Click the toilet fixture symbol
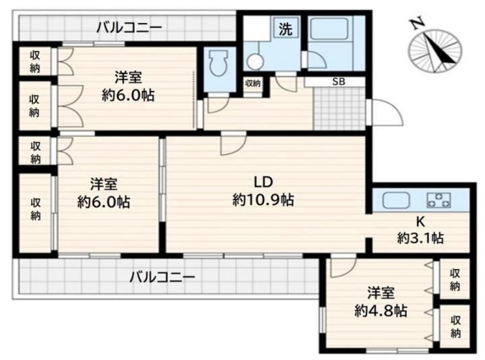click(218, 63)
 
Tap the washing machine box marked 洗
click(286, 28)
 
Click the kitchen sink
click(396, 201)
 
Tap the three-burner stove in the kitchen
click(439, 200)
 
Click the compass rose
click(435, 51)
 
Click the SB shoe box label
click(338, 82)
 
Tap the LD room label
click(263, 182)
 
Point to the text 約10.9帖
click(263, 200)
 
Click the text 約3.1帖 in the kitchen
click(420, 239)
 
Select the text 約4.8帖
click(381, 311)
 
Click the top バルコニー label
click(129, 28)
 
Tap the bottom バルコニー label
click(162, 276)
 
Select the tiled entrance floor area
click(339, 109)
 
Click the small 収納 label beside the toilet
click(253, 83)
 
